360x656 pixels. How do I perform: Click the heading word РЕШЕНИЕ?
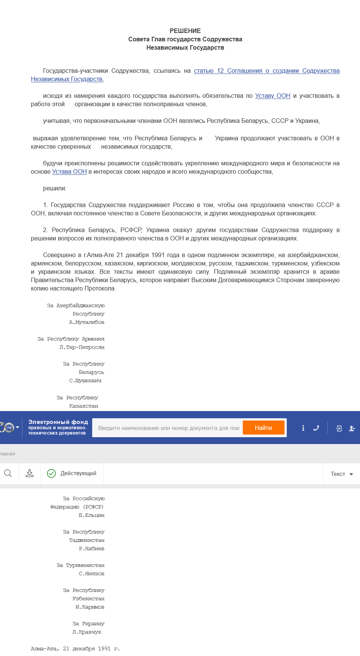pyautogui.click(x=185, y=31)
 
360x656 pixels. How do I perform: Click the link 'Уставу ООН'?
pyautogui.click(x=273, y=96)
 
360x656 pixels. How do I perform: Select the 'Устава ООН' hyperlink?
pyautogui.click(x=69, y=172)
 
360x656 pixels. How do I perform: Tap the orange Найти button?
pyautogui.click(x=263, y=428)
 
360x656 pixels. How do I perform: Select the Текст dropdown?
pyautogui.click(x=341, y=474)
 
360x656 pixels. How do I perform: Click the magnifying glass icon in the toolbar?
pyautogui.click(x=8, y=473)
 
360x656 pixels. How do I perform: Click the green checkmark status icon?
pyautogui.click(x=51, y=473)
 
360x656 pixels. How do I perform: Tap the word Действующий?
pyautogui.click(x=78, y=473)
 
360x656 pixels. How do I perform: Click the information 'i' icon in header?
pyautogui.click(x=303, y=428)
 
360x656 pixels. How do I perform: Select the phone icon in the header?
pyautogui.click(x=316, y=428)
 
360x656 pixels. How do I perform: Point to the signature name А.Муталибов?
pyautogui.click(x=86, y=322)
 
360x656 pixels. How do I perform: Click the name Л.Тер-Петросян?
pyautogui.click(x=82, y=347)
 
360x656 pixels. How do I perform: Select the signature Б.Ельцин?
pyautogui.click(x=91, y=515)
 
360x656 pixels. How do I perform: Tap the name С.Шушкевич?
pyautogui.click(x=85, y=381)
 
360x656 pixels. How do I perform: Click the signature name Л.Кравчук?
pyautogui.click(x=86, y=632)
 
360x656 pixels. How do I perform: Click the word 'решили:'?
pyautogui.click(x=55, y=188)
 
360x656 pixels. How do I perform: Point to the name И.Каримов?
pyautogui.click(x=90, y=607)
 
